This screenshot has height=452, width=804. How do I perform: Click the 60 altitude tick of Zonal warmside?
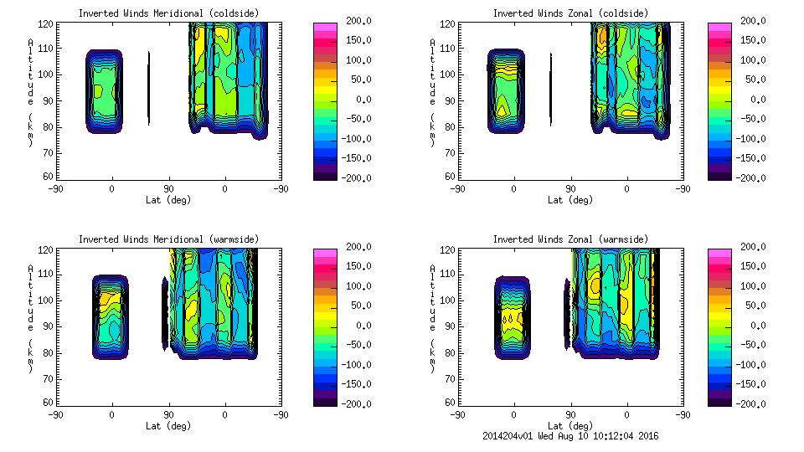451,403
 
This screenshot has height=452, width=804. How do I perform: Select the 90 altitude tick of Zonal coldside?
451,100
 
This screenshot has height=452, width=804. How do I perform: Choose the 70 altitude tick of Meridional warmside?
49,378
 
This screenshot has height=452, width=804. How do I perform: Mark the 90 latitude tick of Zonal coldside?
570,189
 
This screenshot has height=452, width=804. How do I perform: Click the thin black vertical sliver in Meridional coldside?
149,88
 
